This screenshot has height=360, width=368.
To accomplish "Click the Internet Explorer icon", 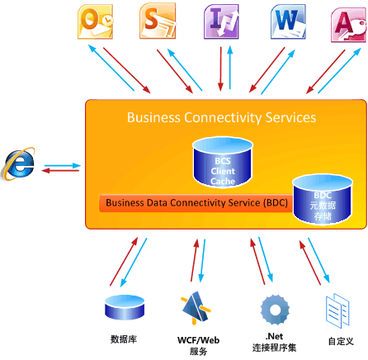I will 18,164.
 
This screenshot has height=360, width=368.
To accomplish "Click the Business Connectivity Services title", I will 220,117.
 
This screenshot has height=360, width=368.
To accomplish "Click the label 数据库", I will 123,339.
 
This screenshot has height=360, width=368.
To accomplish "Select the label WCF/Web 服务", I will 198,344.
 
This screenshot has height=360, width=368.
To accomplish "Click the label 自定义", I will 340,339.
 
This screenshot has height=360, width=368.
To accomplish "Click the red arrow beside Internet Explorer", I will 59,171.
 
